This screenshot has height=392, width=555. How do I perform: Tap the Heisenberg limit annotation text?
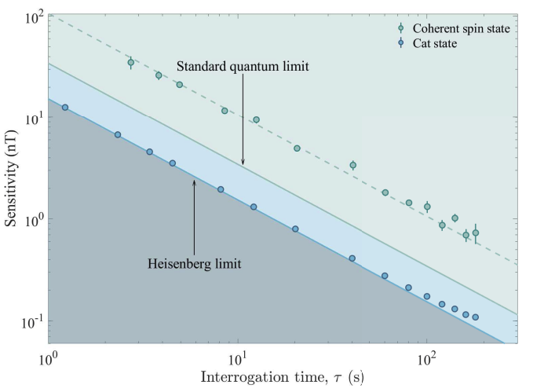click(x=194, y=263)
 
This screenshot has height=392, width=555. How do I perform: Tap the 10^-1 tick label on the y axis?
click(x=29, y=322)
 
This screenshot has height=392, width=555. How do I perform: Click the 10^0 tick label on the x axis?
click(x=49, y=358)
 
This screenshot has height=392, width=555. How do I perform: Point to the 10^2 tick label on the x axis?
click(x=426, y=358)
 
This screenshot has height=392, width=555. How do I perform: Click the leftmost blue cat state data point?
click(x=65, y=108)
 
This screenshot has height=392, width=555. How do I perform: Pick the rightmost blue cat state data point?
click(x=476, y=317)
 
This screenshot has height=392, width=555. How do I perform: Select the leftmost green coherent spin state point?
click(x=131, y=62)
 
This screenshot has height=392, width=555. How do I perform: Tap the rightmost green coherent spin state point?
click(x=476, y=233)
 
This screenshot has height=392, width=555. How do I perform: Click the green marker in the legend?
click(x=400, y=29)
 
